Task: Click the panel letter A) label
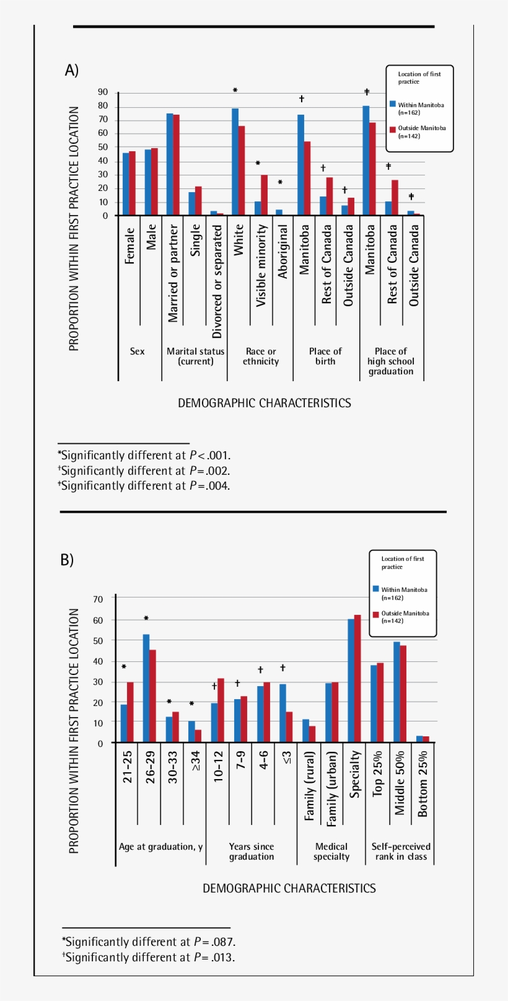(72, 70)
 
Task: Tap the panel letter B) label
(67, 560)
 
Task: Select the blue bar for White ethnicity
(235, 162)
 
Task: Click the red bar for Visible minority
(264, 195)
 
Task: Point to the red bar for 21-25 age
(130, 712)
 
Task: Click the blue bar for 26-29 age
(146, 688)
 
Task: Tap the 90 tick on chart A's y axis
(103, 92)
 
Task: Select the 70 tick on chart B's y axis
(98, 599)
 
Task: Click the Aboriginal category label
(282, 251)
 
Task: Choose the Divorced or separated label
(217, 281)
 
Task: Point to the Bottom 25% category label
(423, 783)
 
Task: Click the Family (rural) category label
(310, 786)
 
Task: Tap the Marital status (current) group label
(195, 356)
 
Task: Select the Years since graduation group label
(251, 852)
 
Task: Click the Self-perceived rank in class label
(401, 852)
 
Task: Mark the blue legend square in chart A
(393, 104)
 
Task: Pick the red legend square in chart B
(376, 614)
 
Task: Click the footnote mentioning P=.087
(149, 942)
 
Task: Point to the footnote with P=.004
(144, 486)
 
